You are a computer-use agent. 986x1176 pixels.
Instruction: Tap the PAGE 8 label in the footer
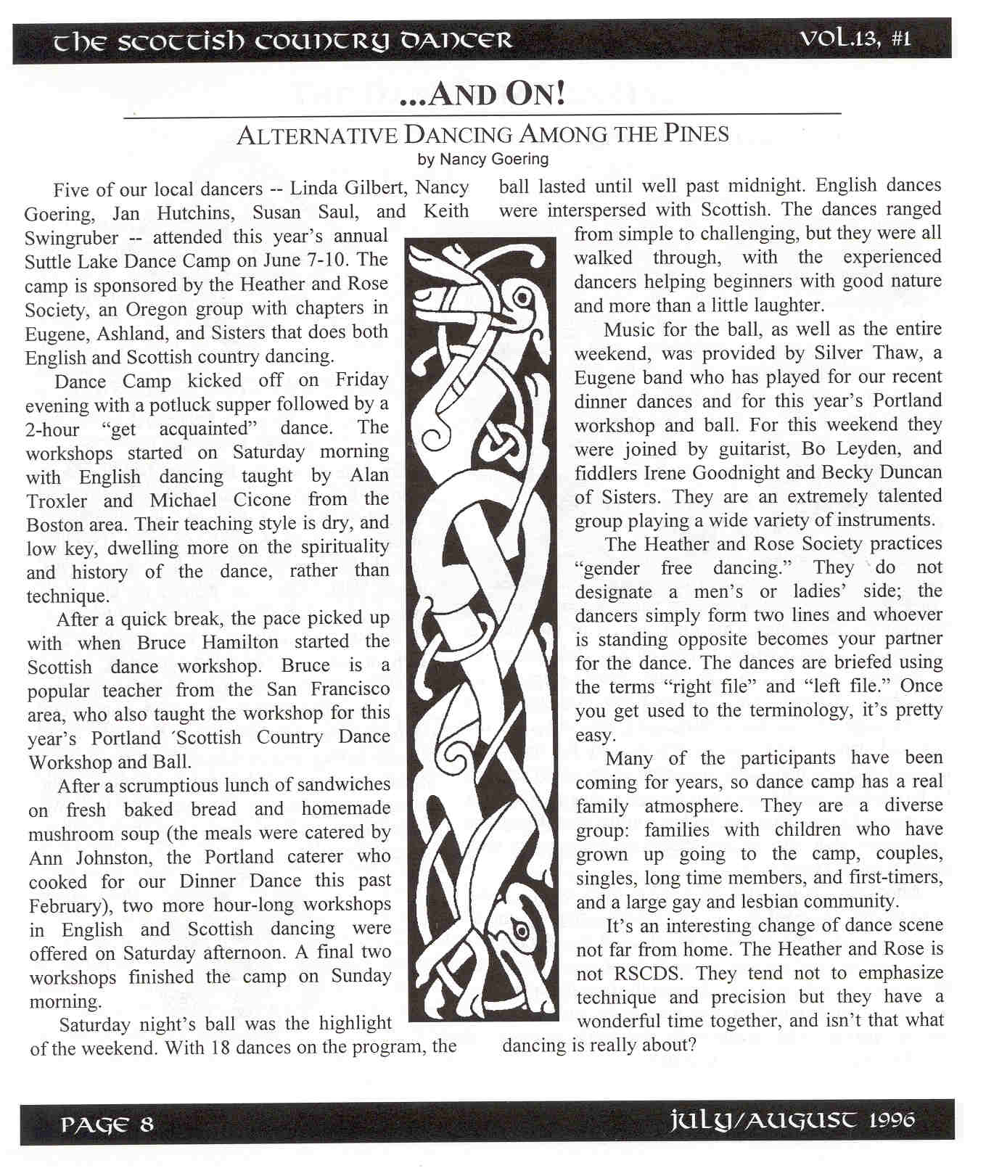107,1125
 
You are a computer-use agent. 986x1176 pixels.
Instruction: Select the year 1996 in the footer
892,1120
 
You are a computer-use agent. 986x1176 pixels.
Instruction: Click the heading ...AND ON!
482,95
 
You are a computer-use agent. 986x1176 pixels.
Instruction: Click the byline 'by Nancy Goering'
483,158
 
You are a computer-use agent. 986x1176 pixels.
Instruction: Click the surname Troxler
57,501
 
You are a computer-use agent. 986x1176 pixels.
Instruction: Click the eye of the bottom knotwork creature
519,928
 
